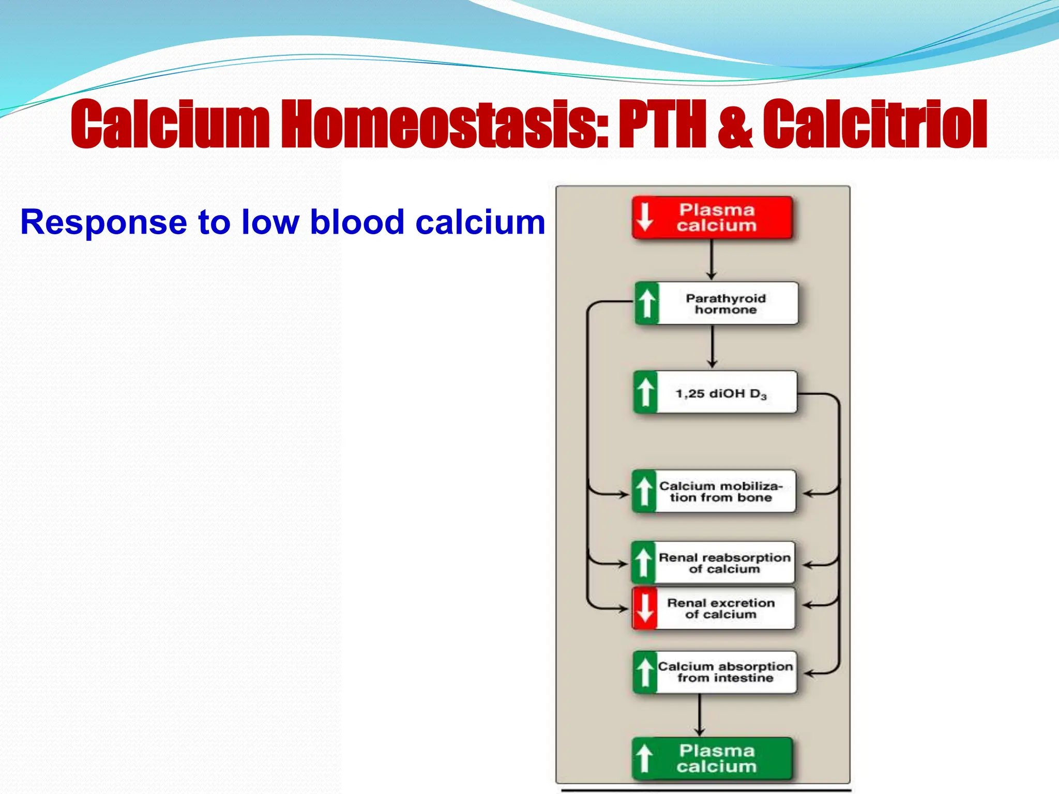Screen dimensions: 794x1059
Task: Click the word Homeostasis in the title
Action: coord(445,124)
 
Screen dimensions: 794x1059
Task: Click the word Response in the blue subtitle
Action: coord(103,223)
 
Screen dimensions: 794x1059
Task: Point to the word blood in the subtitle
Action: coord(357,222)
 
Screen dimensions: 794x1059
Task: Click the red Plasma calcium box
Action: coord(712,218)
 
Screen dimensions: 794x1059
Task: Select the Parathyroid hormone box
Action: coord(717,303)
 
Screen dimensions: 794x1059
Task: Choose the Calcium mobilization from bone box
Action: coord(714,492)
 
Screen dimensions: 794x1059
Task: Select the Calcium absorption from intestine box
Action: coord(715,672)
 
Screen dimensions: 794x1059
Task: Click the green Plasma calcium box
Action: coord(712,758)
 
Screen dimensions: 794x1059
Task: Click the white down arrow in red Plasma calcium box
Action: coord(645,217)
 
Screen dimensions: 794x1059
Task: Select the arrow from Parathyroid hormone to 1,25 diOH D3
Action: coord(713,347)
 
